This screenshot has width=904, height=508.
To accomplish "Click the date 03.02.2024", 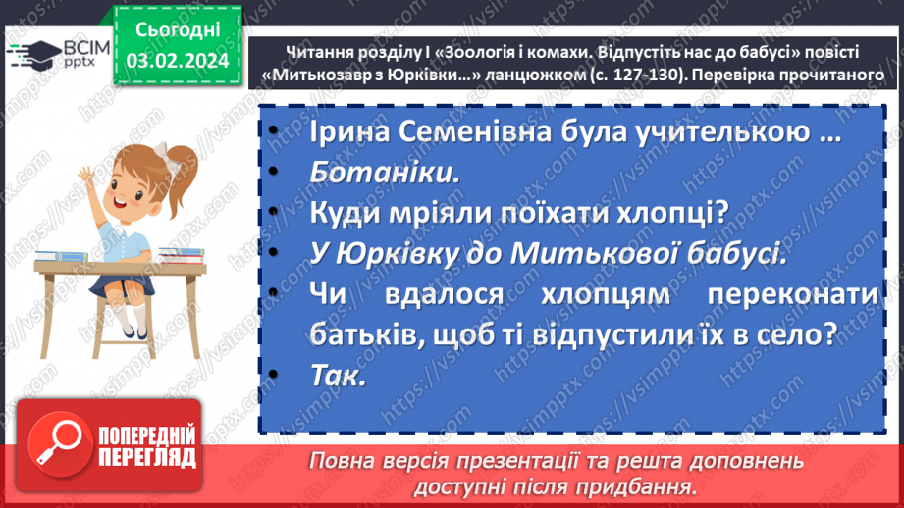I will coord(178,60).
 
